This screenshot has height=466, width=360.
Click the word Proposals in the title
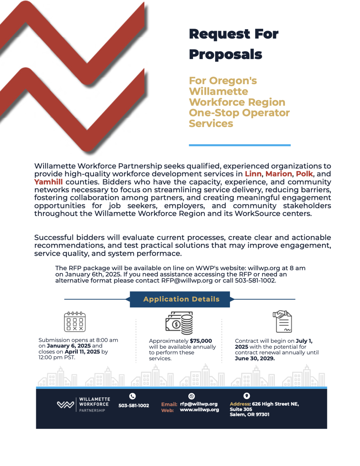tap(226, 55)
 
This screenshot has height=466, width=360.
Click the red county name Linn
tap(253, 174)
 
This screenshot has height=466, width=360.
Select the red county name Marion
tap(279, 174)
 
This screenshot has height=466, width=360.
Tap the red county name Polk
tap(304, 174)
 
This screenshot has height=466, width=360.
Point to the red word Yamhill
tap(48, 182)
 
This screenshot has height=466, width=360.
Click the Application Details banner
tap(181, 299)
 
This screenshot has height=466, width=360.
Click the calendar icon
tap(75, 322)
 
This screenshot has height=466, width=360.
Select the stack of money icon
tap(179, 323)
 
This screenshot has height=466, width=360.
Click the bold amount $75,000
tap(201, 341)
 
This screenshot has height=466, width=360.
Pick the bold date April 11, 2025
tap(82, 352)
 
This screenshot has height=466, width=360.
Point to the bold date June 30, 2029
tap(255, 359)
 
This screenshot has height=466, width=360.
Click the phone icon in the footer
tap(132, 396)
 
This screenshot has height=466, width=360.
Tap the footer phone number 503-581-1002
tap(133, 406)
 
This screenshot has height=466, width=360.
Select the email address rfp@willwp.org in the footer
tap(199, 404)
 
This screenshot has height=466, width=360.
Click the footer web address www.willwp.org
tap(199, 410)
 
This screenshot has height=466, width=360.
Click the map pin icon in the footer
tap(247, 396)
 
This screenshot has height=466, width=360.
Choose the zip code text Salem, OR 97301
tap(249, 414)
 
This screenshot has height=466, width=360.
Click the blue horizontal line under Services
tap(240, 145)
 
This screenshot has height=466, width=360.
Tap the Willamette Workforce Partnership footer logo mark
tap(65, 405)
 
